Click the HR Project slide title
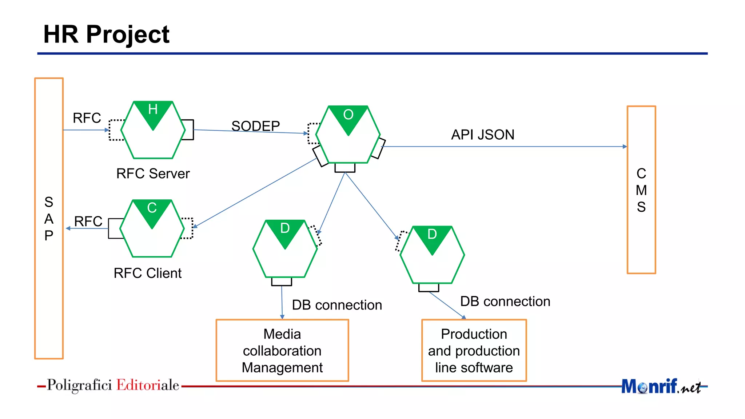106,35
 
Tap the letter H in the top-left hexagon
153,109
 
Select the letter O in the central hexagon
348,115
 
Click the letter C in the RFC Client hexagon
152,208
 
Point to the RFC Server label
153,173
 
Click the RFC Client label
147,273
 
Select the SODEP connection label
255,126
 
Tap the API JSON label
482,135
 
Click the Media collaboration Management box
282,351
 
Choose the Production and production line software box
474,351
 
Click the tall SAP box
49,218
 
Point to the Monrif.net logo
660,386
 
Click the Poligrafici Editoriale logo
113,385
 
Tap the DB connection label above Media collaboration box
336,305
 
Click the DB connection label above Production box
505,301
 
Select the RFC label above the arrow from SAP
87,118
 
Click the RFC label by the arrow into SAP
88,221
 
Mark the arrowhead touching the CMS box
625,147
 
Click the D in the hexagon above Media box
285,228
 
